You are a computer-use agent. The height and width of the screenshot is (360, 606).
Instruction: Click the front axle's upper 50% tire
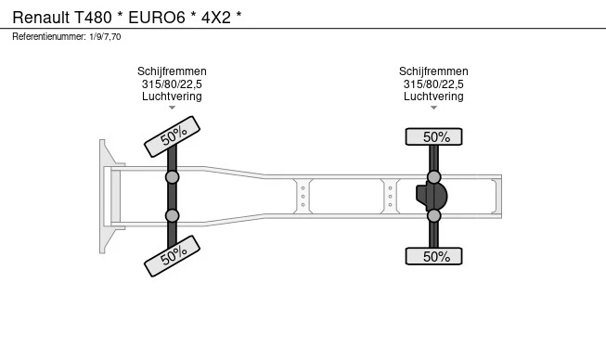coord(172,136)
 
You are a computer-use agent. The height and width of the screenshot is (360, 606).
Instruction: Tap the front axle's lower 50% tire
coord(172,256)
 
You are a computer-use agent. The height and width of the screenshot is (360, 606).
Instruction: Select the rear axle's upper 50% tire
coord(433,136)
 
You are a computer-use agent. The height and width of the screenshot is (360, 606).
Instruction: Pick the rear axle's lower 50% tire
coord(433,256)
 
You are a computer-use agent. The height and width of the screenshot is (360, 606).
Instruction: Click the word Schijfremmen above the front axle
coord(172,71)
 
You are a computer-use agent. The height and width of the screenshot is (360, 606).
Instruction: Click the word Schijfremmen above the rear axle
coord(433,71)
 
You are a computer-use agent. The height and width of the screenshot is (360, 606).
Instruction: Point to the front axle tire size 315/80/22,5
coord(172,84)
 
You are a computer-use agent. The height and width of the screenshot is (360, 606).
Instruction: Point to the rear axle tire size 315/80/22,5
coord(433,84)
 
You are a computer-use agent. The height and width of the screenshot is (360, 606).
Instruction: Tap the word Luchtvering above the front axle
coord(172,96)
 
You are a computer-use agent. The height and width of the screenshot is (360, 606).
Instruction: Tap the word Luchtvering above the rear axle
coord(433,96)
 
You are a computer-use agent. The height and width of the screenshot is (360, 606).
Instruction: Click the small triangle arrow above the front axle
coord(172,108)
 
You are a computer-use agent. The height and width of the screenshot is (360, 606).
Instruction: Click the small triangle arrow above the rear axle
coord(433,108)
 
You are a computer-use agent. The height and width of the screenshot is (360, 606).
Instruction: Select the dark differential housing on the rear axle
coord(432,196)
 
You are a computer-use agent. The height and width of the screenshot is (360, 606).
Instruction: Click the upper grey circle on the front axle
coord(172,177)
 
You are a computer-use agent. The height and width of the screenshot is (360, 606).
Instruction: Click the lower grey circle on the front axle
coord(172,215)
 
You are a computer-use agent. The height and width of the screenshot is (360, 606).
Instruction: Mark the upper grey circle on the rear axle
coord(434,177)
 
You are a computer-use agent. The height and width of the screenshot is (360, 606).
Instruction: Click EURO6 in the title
coord(157,18)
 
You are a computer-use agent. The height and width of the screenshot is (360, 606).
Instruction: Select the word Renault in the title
coord(41,18)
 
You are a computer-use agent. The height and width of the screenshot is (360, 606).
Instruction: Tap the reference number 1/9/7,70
coord(105,37)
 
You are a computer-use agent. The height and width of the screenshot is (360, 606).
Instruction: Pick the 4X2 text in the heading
coord(216,18)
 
